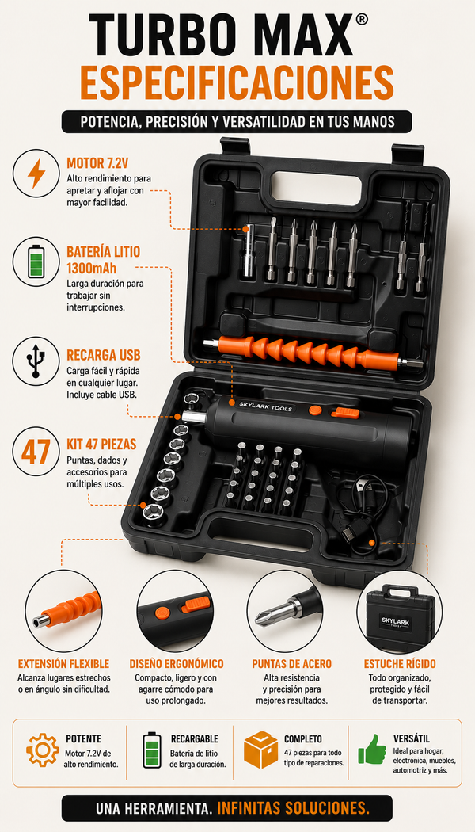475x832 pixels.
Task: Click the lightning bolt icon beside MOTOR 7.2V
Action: (x=36, y=173)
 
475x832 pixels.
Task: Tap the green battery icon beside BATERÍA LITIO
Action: (x=36, y=261)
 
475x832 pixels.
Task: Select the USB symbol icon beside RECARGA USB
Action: (x=36, y=361)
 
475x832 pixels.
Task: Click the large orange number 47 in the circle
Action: (x=36, y=451)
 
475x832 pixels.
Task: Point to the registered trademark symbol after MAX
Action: (x=361, y=20)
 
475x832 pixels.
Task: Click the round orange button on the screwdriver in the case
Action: (x=315, y=410)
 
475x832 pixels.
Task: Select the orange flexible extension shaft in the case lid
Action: (x=313, y=352)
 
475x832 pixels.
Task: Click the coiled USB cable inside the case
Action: (x=359, y=509)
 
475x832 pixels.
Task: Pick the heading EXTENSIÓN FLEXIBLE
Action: (x=63, y=664)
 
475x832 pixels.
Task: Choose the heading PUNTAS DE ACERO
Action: (x=291, y=664)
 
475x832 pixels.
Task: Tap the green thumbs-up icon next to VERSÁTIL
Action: (x=372, y=749)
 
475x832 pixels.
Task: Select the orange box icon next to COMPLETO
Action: (x=260, y=750)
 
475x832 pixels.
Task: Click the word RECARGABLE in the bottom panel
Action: (x=195, y=738)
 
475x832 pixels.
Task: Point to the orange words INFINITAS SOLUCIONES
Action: (x=293, y=808)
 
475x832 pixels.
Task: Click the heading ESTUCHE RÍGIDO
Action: (x=400, y=664)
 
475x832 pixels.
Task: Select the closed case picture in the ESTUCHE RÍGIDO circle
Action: (x=401, y=616)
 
